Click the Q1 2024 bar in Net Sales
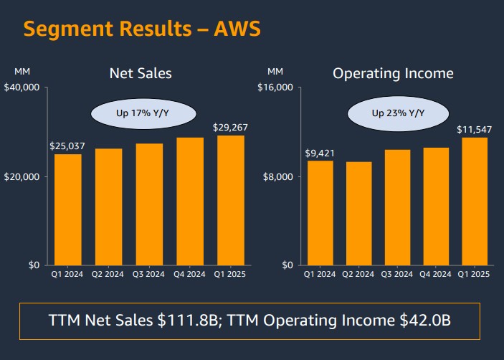pos(68,209)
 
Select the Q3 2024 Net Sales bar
pos(150,204)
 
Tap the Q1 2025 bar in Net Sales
pos(231,200)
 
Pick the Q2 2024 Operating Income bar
pos(358,214)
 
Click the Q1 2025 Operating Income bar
pos(475,202)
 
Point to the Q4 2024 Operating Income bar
pos(436,207)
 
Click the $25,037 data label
pos(67,146)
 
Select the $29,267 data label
pos(230,128)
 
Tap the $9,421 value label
pos(320,153)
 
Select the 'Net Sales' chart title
pos(141,73)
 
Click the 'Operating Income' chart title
pos(393,73)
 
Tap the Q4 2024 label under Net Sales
pos(190,274)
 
